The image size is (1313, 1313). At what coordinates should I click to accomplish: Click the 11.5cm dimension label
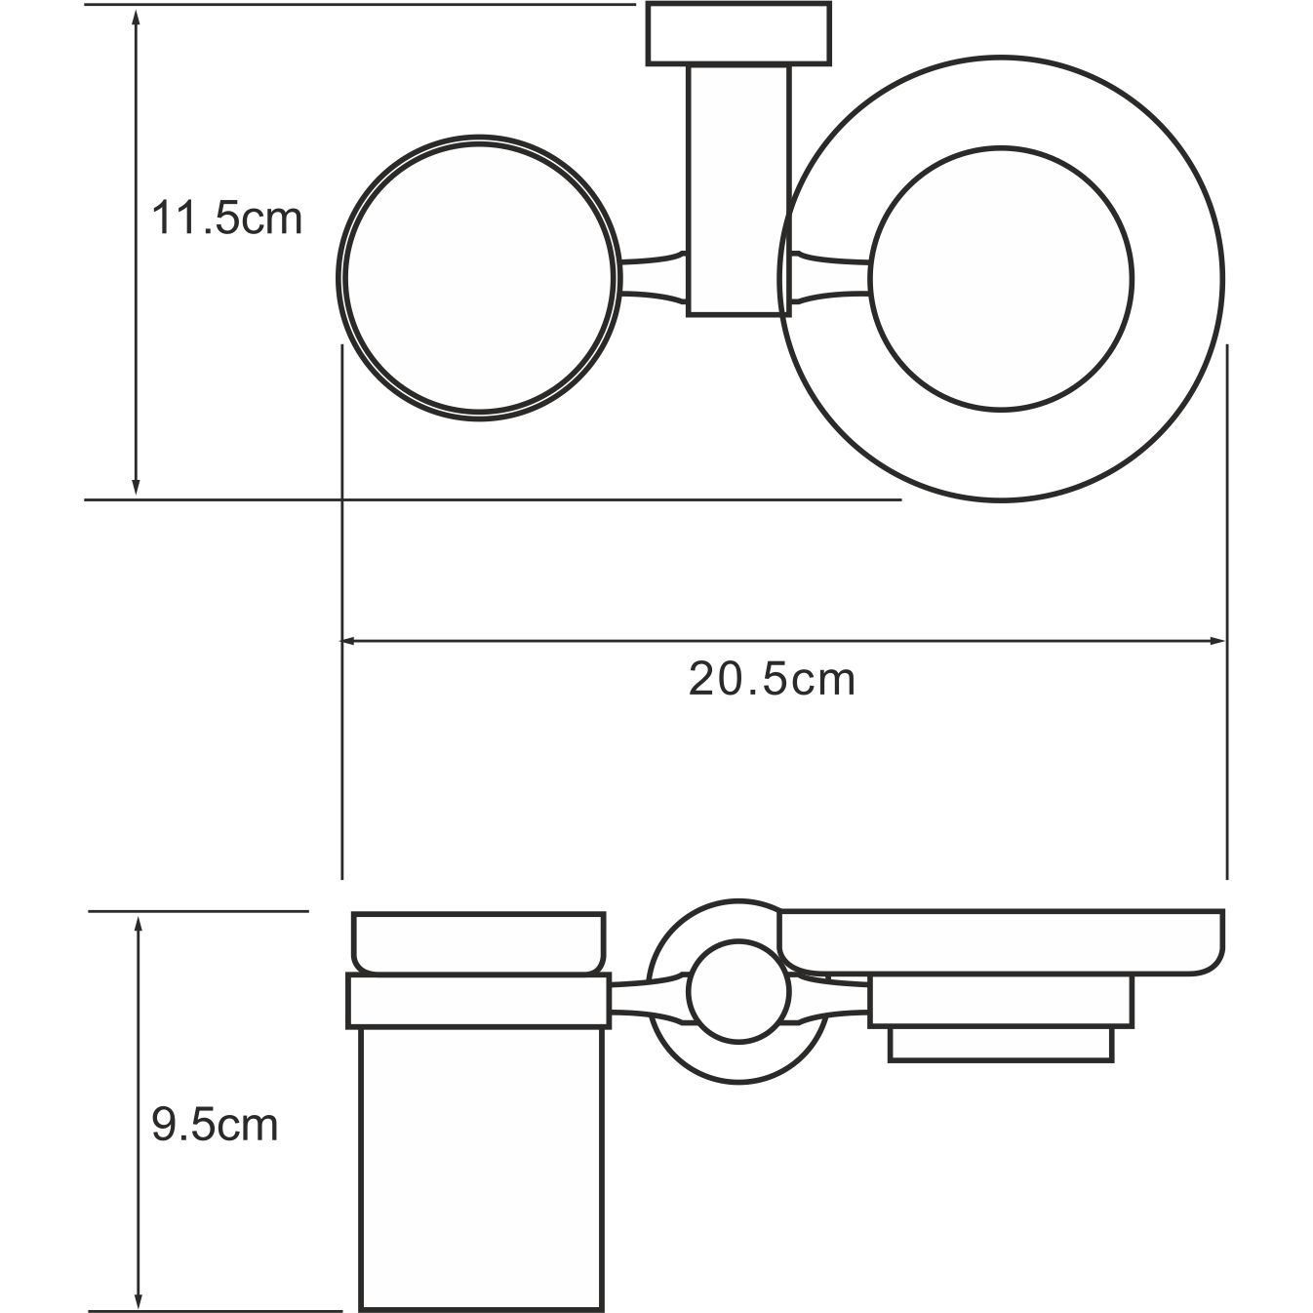226,219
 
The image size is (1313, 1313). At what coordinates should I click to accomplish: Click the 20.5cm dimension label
772,679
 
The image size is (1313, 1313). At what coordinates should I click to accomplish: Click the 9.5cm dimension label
215,1126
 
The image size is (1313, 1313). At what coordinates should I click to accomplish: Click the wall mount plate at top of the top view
738,34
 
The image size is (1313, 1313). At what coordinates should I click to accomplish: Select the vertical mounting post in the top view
737,190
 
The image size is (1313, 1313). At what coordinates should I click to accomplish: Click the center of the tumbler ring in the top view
478,278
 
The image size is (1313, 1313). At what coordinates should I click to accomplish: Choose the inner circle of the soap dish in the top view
1001,279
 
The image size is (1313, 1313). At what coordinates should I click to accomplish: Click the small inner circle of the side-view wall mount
736,992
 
